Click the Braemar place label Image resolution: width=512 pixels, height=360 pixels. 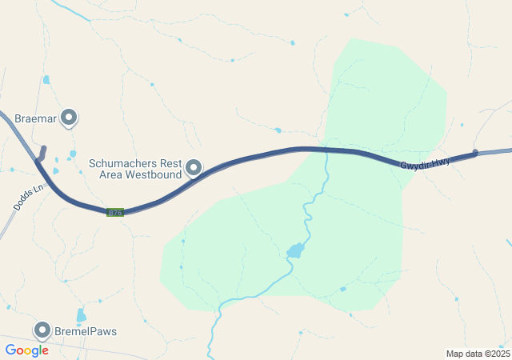[36, 118]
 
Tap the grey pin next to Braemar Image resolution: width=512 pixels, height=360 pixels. [70, 118]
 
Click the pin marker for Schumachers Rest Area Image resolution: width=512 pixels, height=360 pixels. [194, 167]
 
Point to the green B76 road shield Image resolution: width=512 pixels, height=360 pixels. [115, 212]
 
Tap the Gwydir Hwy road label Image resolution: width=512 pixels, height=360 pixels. [426, 162]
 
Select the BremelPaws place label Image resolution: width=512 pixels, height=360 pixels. [86, 330]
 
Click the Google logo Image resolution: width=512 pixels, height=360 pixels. [26, 350]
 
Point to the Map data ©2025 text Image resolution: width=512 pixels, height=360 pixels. [478, 354]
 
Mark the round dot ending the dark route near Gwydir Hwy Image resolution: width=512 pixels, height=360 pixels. [475, 153]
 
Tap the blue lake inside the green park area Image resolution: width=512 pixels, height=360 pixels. [296, 250]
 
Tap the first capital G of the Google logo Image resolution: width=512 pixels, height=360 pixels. [10, 350]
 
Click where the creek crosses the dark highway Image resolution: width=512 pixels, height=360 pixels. [327, 150]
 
